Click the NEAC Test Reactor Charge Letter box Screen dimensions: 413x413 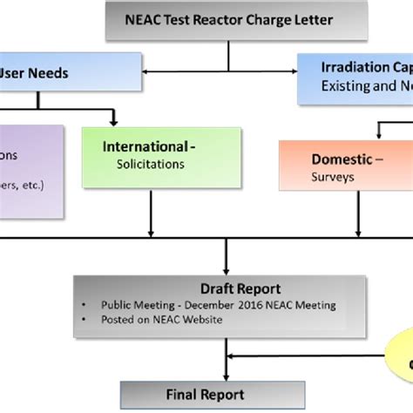(x=228, y=20)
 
